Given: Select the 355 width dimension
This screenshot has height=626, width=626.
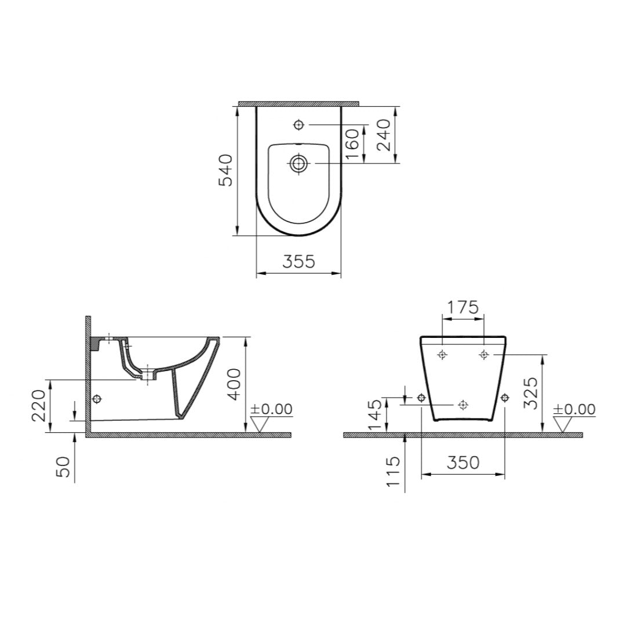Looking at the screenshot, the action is coord(299,261).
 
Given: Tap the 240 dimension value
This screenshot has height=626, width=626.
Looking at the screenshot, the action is coord(384,134).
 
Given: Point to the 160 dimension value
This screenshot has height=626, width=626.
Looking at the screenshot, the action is coord(353,144).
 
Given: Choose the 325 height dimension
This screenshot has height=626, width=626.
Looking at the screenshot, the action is coord(531,392).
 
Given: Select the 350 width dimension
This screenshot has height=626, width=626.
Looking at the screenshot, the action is coord(463,463).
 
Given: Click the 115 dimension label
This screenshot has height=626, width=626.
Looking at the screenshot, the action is coord(393,471).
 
